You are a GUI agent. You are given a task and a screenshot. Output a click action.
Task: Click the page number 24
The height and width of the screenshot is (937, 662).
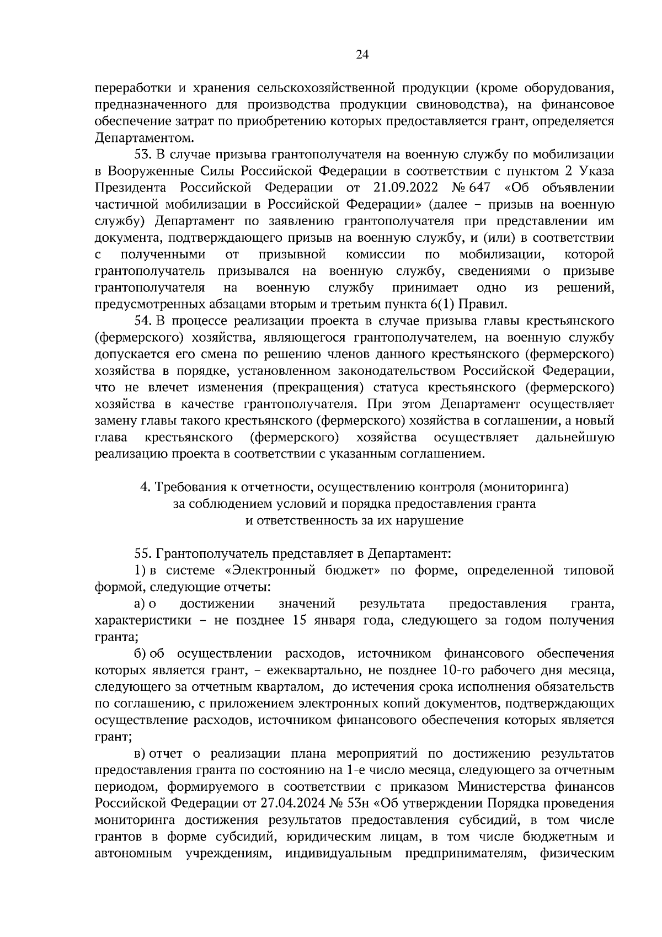(x=362, y=54)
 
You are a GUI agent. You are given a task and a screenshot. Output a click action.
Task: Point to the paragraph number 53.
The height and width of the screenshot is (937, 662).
(x=143, y=154)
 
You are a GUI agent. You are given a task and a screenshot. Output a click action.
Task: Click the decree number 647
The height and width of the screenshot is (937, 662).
(x=479, y=187)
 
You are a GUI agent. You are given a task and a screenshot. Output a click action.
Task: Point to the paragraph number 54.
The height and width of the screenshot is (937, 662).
(x=143, y=321)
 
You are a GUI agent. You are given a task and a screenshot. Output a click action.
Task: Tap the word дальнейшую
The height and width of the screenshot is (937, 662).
(x=575, y=438)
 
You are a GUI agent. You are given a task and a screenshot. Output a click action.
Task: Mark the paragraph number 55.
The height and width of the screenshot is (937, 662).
(x=143, y=553)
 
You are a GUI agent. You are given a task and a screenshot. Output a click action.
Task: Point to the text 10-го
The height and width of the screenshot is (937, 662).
(x=458, y=670)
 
